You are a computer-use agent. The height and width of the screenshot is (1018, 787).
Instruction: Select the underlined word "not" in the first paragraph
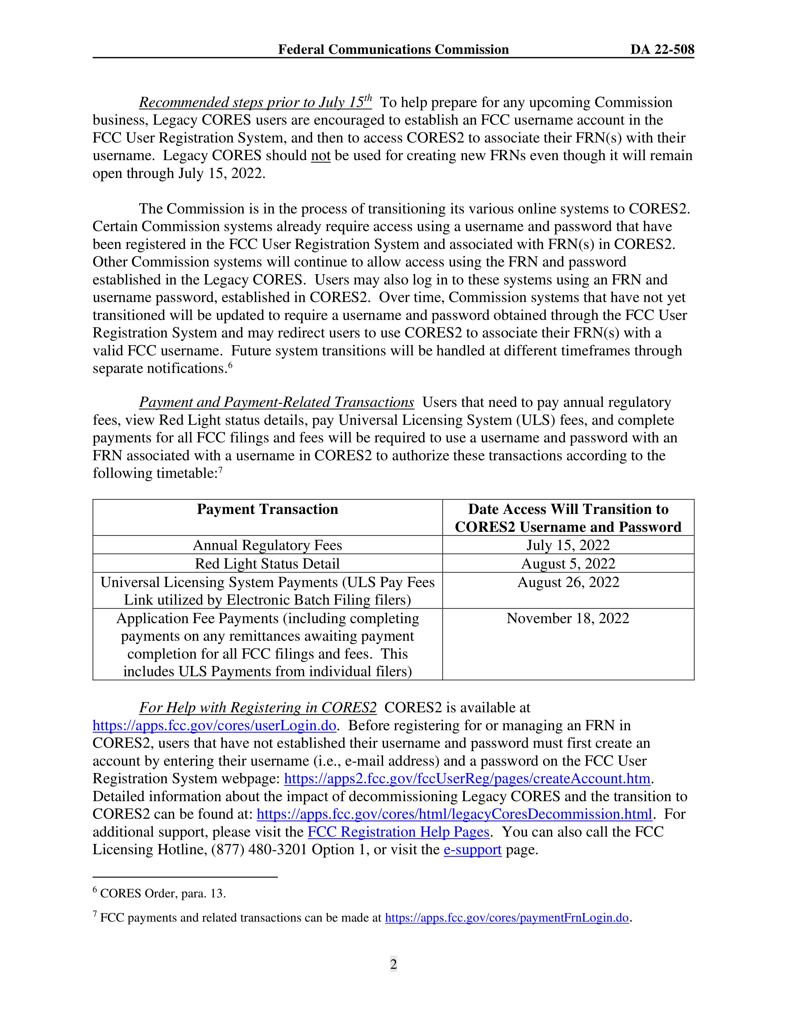(320, 156)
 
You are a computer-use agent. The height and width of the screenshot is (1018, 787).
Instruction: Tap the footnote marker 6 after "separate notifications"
(230, 365)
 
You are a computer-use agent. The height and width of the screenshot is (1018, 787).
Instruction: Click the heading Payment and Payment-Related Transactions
(277, 402)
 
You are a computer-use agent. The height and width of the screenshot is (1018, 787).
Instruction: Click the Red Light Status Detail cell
(267, 564)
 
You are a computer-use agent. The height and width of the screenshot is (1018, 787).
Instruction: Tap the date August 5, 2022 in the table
(568, 564)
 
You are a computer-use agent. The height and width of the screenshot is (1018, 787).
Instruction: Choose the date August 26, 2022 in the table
(568, 582)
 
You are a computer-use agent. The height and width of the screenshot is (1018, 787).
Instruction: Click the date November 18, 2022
(568, 618)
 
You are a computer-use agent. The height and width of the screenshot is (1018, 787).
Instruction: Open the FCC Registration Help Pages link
(398, 832)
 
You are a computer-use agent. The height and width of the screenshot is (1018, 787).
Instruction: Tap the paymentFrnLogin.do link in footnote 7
(507, 918)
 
